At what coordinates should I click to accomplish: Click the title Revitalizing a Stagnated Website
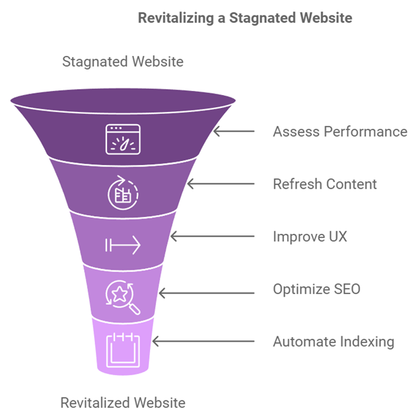pos(245,18)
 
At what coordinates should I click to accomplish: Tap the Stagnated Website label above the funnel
pos(123,62)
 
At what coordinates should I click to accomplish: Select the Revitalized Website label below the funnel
pos(123,403)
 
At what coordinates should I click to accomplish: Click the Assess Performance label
pos(340,131)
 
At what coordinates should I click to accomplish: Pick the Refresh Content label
pos(324,184)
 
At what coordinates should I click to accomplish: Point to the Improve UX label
pos(310,237)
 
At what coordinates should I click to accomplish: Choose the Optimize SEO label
pos(316,289)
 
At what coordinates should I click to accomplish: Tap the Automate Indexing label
pos(333,342)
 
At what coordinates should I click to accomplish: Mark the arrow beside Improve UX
pos(212,237)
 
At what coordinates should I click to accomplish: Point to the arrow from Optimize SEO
pos(206,292)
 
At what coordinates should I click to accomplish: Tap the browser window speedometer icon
pos(123,138)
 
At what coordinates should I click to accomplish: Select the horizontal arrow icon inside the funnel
pos(123,245)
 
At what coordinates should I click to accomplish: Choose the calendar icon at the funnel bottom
pos(123,347)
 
